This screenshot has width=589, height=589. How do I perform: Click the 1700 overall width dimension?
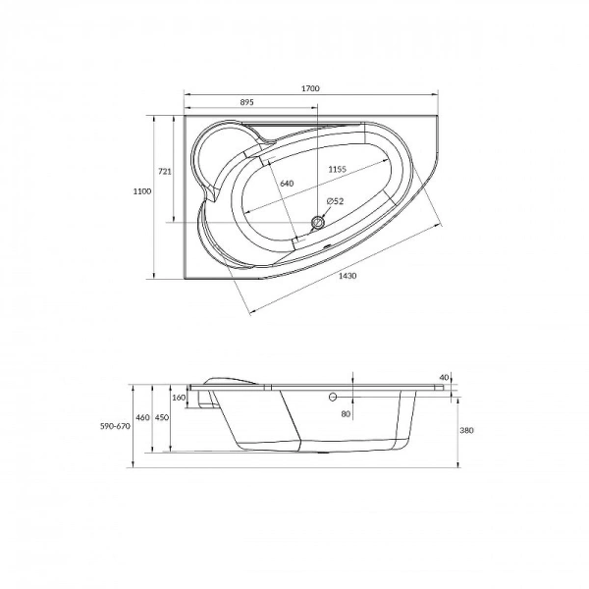pos(310,88)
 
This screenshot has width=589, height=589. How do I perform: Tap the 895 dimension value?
pos(246,102)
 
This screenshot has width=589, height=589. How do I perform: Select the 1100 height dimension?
pos(142,191)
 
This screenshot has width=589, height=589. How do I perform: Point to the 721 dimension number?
pos(165,172)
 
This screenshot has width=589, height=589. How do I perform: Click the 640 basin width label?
pos(287,184)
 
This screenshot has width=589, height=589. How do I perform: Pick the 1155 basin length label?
pos(337,169)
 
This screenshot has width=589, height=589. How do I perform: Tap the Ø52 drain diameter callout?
pos(335,201)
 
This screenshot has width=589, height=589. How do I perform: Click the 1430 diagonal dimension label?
pos(348,276)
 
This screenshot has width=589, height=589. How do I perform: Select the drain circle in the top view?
pos(318,223)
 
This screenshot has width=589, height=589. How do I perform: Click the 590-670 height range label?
pos(115,426)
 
